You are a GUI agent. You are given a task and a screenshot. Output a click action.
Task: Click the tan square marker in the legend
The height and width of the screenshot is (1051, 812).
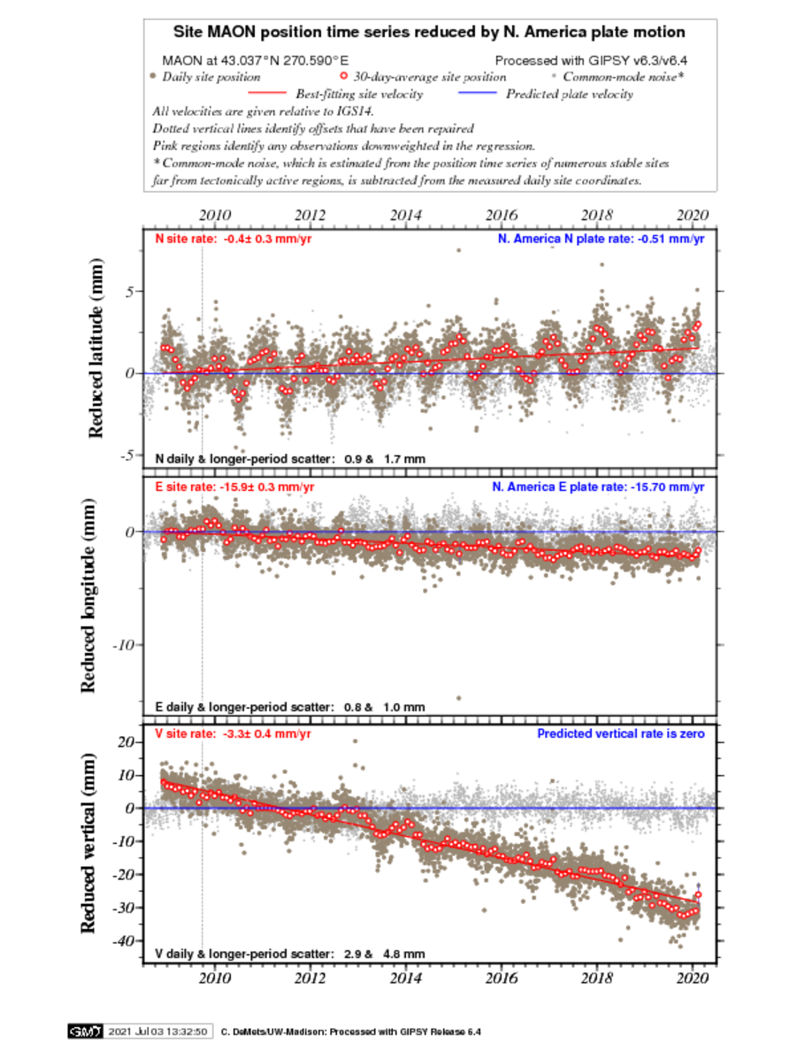pyautogui.click(x=153, y=75)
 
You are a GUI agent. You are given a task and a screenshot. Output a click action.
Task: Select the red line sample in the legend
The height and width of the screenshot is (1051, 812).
pyautogui.click(x=267, y=93)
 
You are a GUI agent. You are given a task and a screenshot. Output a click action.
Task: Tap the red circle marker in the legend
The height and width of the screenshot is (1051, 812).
pyautogui.click(x=344, y=75)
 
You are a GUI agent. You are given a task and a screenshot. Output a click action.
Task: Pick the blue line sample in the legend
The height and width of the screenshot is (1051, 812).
pyautogui.click(x=478, y=93)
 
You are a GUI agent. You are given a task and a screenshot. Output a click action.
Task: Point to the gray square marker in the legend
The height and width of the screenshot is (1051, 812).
pyautogui.click(x=554, y=75)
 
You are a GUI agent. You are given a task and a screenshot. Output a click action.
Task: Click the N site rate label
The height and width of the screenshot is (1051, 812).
pyautogui.click(x=234, y=239)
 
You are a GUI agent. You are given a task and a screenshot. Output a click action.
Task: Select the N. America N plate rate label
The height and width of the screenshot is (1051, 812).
pyautogui.click(x=601, y=239)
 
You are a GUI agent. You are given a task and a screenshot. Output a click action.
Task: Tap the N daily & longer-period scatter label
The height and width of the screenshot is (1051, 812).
pyautogui.click(x=290, y=459)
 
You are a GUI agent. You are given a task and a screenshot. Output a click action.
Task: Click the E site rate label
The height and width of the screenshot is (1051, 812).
pyautogui.click(x=234, y=487)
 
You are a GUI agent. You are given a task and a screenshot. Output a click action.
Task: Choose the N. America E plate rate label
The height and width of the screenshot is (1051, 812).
pyautogui.click(x=598, y=487)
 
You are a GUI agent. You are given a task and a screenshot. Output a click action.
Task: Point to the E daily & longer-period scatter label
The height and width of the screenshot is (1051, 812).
pyautogui.click(x=290, y=707)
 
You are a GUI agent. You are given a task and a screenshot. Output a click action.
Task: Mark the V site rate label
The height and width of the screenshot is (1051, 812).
pyautogui.click(x=233, y=733)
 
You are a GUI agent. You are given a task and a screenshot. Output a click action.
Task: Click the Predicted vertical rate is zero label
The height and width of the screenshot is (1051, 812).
pyautogui.click(x=621, y=733)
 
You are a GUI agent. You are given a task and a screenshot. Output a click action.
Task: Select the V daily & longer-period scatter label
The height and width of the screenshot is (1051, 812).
pyautogui.click(x=290, y=954)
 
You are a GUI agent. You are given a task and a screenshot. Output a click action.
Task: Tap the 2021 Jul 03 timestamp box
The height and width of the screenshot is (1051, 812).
pyautogui.click(x=157, y=1032)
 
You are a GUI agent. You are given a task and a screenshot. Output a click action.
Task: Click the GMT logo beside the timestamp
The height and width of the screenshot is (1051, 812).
pyautogui.click(x=85, y=1032)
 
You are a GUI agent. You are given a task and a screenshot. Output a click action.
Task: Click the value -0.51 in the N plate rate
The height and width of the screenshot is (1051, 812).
pyautogui.click(x=653, y=239)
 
